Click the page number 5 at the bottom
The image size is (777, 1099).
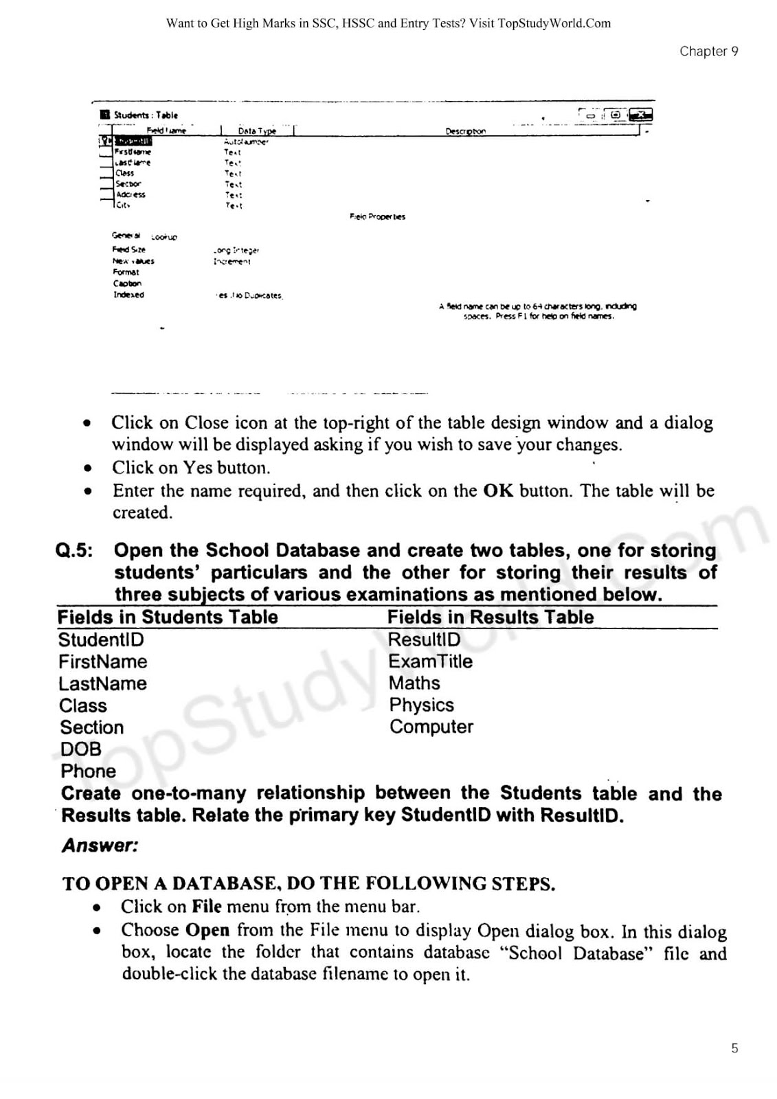(x=734, y=1048)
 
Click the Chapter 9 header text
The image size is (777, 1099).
(x=708, y=52)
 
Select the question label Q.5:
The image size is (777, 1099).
(x=74, y=551)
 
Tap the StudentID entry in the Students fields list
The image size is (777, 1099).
(x=101, y=639)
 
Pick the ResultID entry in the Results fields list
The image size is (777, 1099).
(x=424, y=639)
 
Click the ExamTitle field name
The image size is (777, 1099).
(x=430, y=661)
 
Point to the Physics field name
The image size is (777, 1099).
(x=421, y=705)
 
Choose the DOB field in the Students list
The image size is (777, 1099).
(x=80, y=749)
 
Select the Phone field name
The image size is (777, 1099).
(x=88, y=771)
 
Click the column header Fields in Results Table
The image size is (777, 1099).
(x=491, y=617)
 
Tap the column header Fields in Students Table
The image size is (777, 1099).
(x=168, y=617)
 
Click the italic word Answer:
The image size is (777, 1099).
(x=100, y=846)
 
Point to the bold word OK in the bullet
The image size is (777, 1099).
(x=498, y=491)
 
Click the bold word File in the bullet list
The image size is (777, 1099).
(x=206, y=907)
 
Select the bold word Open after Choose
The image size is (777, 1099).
(x=207, y=930)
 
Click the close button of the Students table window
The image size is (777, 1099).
(x=641, y=115)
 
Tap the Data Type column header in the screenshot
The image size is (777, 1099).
(x=257, y=131)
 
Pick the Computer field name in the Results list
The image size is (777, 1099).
(x=431, y=727)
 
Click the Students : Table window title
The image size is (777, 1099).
(x=146, y=115)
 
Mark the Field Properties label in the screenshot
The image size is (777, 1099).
(x=377, y=217)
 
